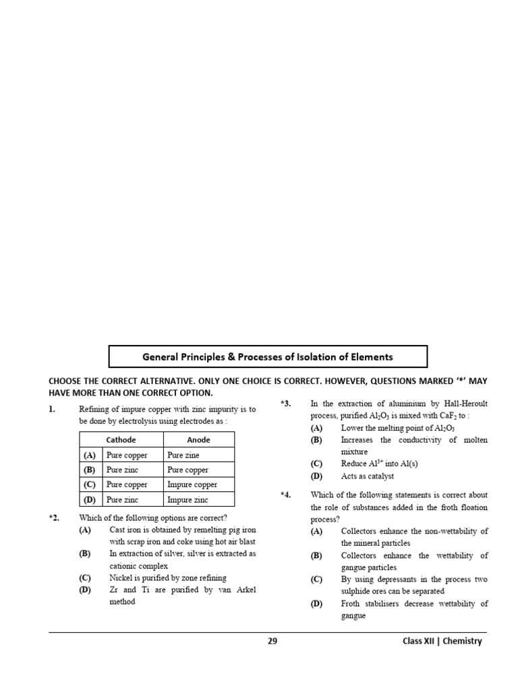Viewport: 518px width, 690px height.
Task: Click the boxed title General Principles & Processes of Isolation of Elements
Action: click(268, 357)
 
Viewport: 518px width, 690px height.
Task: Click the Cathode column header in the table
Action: click(121, 440)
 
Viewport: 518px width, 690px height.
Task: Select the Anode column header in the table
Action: click(198, 440)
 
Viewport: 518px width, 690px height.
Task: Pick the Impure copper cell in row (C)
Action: click(192, 484)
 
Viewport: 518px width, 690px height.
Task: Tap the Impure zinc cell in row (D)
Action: click(188, 500)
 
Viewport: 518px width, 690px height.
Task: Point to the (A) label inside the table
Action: click(89, 455)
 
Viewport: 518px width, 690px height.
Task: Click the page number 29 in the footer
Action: click(272, 641)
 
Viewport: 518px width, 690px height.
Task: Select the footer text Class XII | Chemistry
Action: click(438, 641)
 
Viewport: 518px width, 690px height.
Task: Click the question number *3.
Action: click(285, 404)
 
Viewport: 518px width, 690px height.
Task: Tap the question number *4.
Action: click(285, 495)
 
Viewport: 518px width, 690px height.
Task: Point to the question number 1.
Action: click(52, 409)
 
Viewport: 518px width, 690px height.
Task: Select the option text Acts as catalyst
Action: click(368, 476)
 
